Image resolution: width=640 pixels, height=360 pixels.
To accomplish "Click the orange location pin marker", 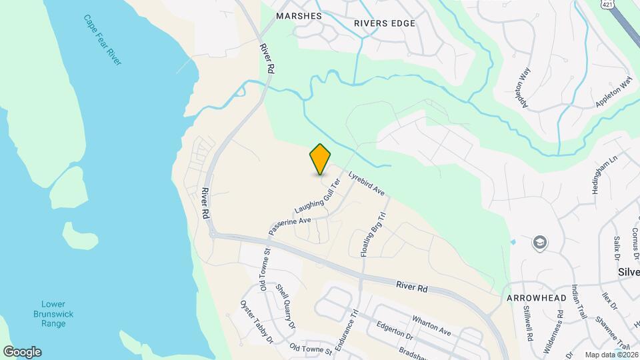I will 321,159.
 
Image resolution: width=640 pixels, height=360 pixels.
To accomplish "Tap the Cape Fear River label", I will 103,40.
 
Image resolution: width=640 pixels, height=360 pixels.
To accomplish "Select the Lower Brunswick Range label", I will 53,313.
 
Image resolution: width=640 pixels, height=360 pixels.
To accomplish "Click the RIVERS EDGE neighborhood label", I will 385,23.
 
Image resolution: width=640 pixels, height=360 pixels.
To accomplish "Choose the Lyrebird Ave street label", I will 367,181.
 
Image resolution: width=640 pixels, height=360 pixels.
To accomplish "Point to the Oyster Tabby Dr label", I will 257,321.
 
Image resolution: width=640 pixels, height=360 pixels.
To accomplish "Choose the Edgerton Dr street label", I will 399,331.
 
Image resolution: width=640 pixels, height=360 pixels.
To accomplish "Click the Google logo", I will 22,352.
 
